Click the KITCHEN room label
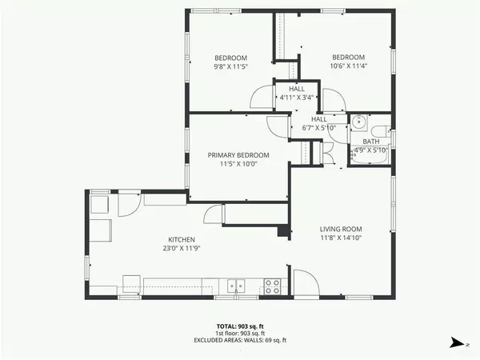(x=182, y=239)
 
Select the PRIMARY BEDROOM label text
(x=238, y=154)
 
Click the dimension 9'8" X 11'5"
(x=230, y=67)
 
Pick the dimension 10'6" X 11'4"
(x=349, y=67)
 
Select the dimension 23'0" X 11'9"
(x=182, y=249)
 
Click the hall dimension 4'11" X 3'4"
(x=296, y=98)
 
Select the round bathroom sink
(x=359, y=122)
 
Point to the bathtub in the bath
(x=370, y=158)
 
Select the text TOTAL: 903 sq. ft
(x=240, y=326)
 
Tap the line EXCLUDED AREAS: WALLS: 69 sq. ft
(x=240, y=341)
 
